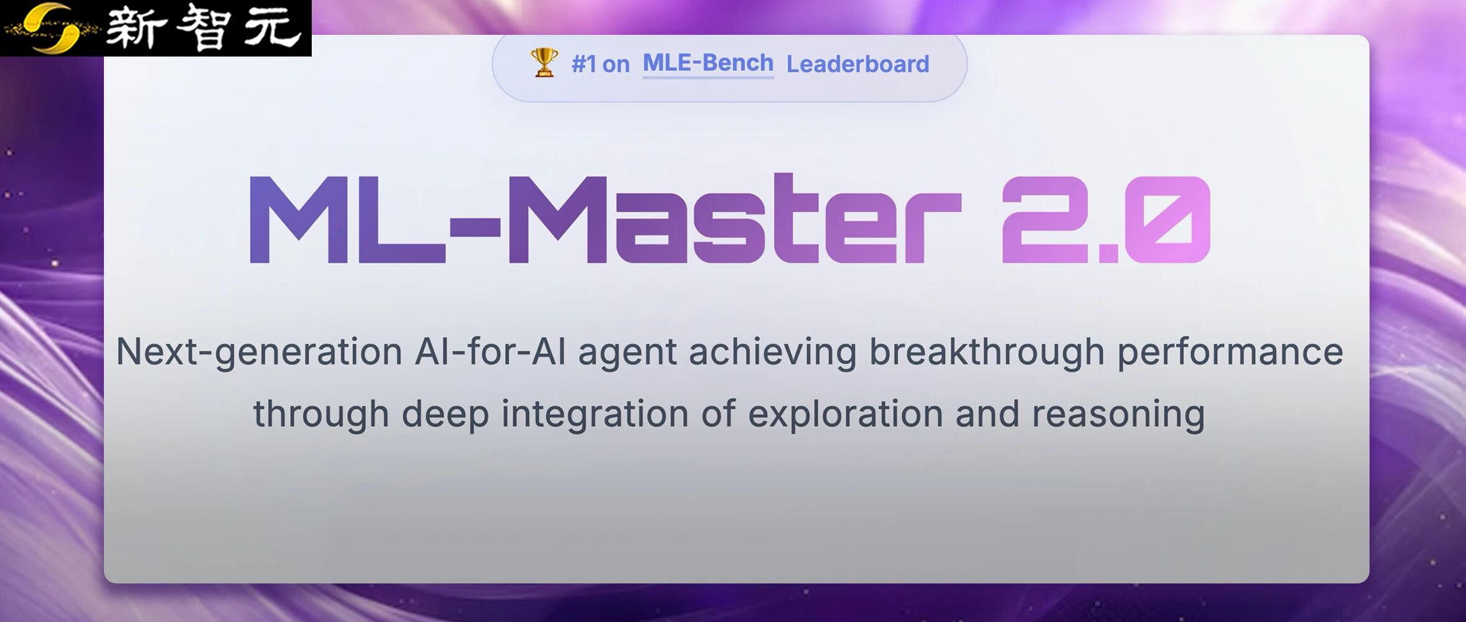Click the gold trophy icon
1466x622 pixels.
pyautogui.click(x=544, y=63)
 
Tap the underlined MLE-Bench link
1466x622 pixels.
pyautogui.click(x=707, y=63)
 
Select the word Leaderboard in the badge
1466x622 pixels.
pyautogui.click(x=857, y=64)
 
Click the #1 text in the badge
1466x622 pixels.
pyautogui.click(x=584, y=64)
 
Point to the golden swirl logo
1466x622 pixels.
pyautogui.click(x=53, y=28)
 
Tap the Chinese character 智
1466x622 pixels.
pyautogui.click(x=203, y=28)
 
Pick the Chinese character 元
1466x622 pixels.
pyautogui.click(x=272, y=28)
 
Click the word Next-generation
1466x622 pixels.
pyautogui.click(x=259, y=352)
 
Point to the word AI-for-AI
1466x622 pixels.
pyautogui.click(x=490, y=352)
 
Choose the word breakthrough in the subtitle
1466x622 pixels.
pyautogui.click(x=986, y=352)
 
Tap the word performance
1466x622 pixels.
pyautogui.click(x=1230, y=352)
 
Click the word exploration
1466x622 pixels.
pyautogui.click(x=845, y=414)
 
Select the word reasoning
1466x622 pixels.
pyautogui.click(x=1118, y=414)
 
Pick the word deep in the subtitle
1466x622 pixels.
pyautogui.click(x=445, y=414)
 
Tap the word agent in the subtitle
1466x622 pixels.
pyautogui.click(x=627, y=352)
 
